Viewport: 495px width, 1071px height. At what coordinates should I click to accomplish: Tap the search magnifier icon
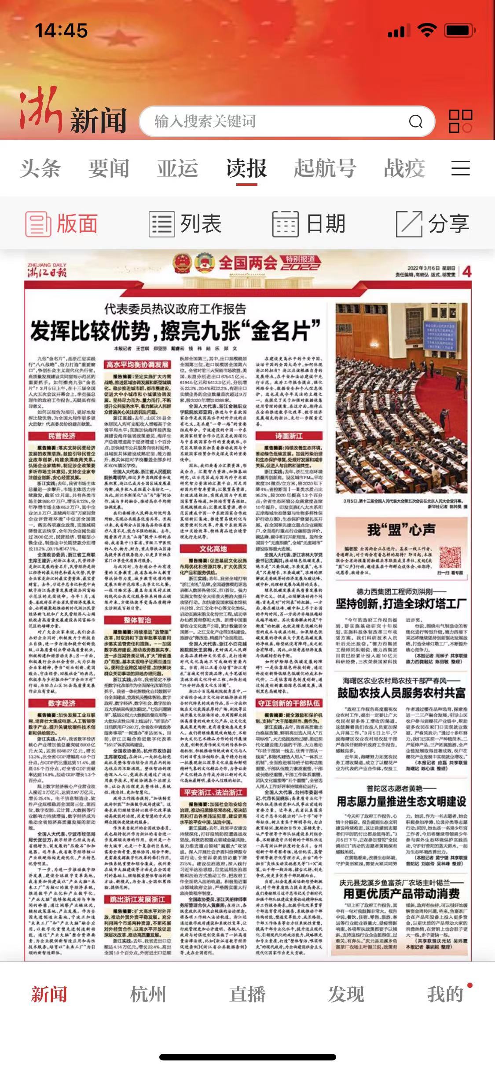(x=415, y=121)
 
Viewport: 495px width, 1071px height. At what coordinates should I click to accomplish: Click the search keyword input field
(x=273, y=121)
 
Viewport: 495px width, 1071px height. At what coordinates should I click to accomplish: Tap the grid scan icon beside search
(x=460, y=121)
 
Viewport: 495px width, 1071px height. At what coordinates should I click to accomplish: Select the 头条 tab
(x=40, y=168)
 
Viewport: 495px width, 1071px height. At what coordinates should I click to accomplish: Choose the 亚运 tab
(x=178, y=168)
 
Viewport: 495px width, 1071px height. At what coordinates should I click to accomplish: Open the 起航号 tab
(x=325, y=168)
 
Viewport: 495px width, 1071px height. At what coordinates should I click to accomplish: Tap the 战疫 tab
(x=404, y=168)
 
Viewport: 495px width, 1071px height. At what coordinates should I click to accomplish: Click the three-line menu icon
(x=460, y=168)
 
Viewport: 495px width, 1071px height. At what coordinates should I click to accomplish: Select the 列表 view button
(x=185, y=223)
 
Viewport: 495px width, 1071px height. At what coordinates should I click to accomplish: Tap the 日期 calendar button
(x=309, y=223)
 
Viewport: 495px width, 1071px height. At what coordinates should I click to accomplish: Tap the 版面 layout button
(x=62, y=223)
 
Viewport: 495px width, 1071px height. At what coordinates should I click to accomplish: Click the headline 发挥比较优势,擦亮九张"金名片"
(x=175, y=331)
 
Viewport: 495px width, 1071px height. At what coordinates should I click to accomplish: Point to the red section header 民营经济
(x=62, y=436)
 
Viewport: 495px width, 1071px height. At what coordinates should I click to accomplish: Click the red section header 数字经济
(x=62, y=703)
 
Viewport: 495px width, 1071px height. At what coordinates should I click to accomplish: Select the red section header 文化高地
(x=213, y=548)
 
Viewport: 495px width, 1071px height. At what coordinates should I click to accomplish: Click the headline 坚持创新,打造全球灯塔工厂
(x=401, y=604)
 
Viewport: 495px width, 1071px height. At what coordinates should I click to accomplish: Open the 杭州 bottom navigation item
(x=148, y=994)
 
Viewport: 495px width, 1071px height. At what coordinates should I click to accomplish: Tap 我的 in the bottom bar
(x=445, y=994)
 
